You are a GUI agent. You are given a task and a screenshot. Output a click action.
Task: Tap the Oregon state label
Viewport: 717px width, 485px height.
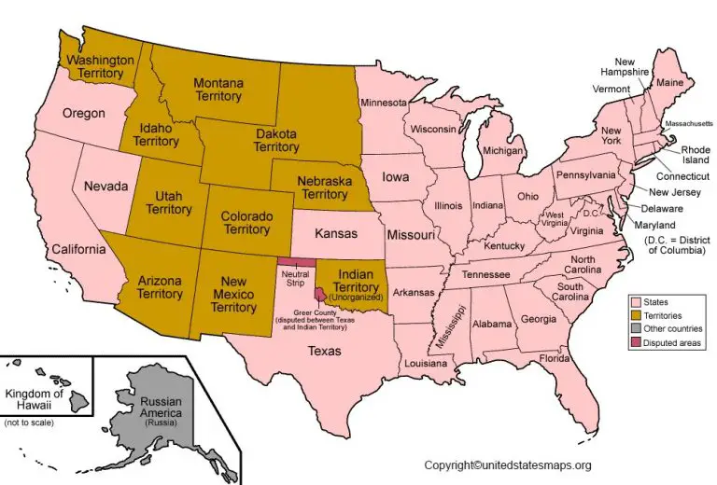coord(83,114)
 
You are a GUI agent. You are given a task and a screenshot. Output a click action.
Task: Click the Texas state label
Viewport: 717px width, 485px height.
coord(325,352)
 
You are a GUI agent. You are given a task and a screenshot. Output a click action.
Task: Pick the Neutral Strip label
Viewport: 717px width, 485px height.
coord(295,278)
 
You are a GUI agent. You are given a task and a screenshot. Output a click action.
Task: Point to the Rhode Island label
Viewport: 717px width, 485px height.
coord(695,154)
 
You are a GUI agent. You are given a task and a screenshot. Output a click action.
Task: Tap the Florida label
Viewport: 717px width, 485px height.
coord(554,358)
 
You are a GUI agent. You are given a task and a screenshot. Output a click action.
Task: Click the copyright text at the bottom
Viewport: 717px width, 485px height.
coord(508,464)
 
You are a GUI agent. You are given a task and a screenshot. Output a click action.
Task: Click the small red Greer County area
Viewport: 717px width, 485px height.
coord(320,294)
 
